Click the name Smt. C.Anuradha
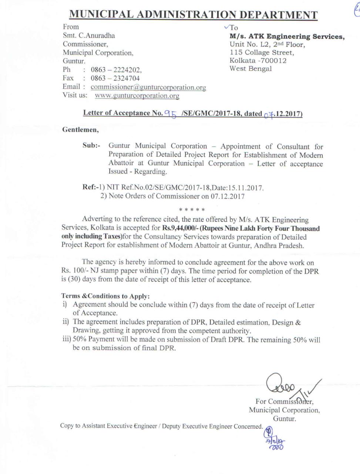click(x=89, y=36)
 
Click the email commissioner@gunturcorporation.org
click(x=148, y=87)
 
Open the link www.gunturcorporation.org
click(x=137, y=96)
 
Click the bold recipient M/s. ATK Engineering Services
click(x=287, y=37)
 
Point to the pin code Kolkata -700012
click(x=258, y=61)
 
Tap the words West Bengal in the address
click(x=250, y=69)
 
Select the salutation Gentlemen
click(x=80, y=130)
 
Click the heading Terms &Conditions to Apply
click(x=105, y=296)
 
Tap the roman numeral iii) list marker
click(x=67, y=340)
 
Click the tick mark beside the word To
click(x=226, y=27)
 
